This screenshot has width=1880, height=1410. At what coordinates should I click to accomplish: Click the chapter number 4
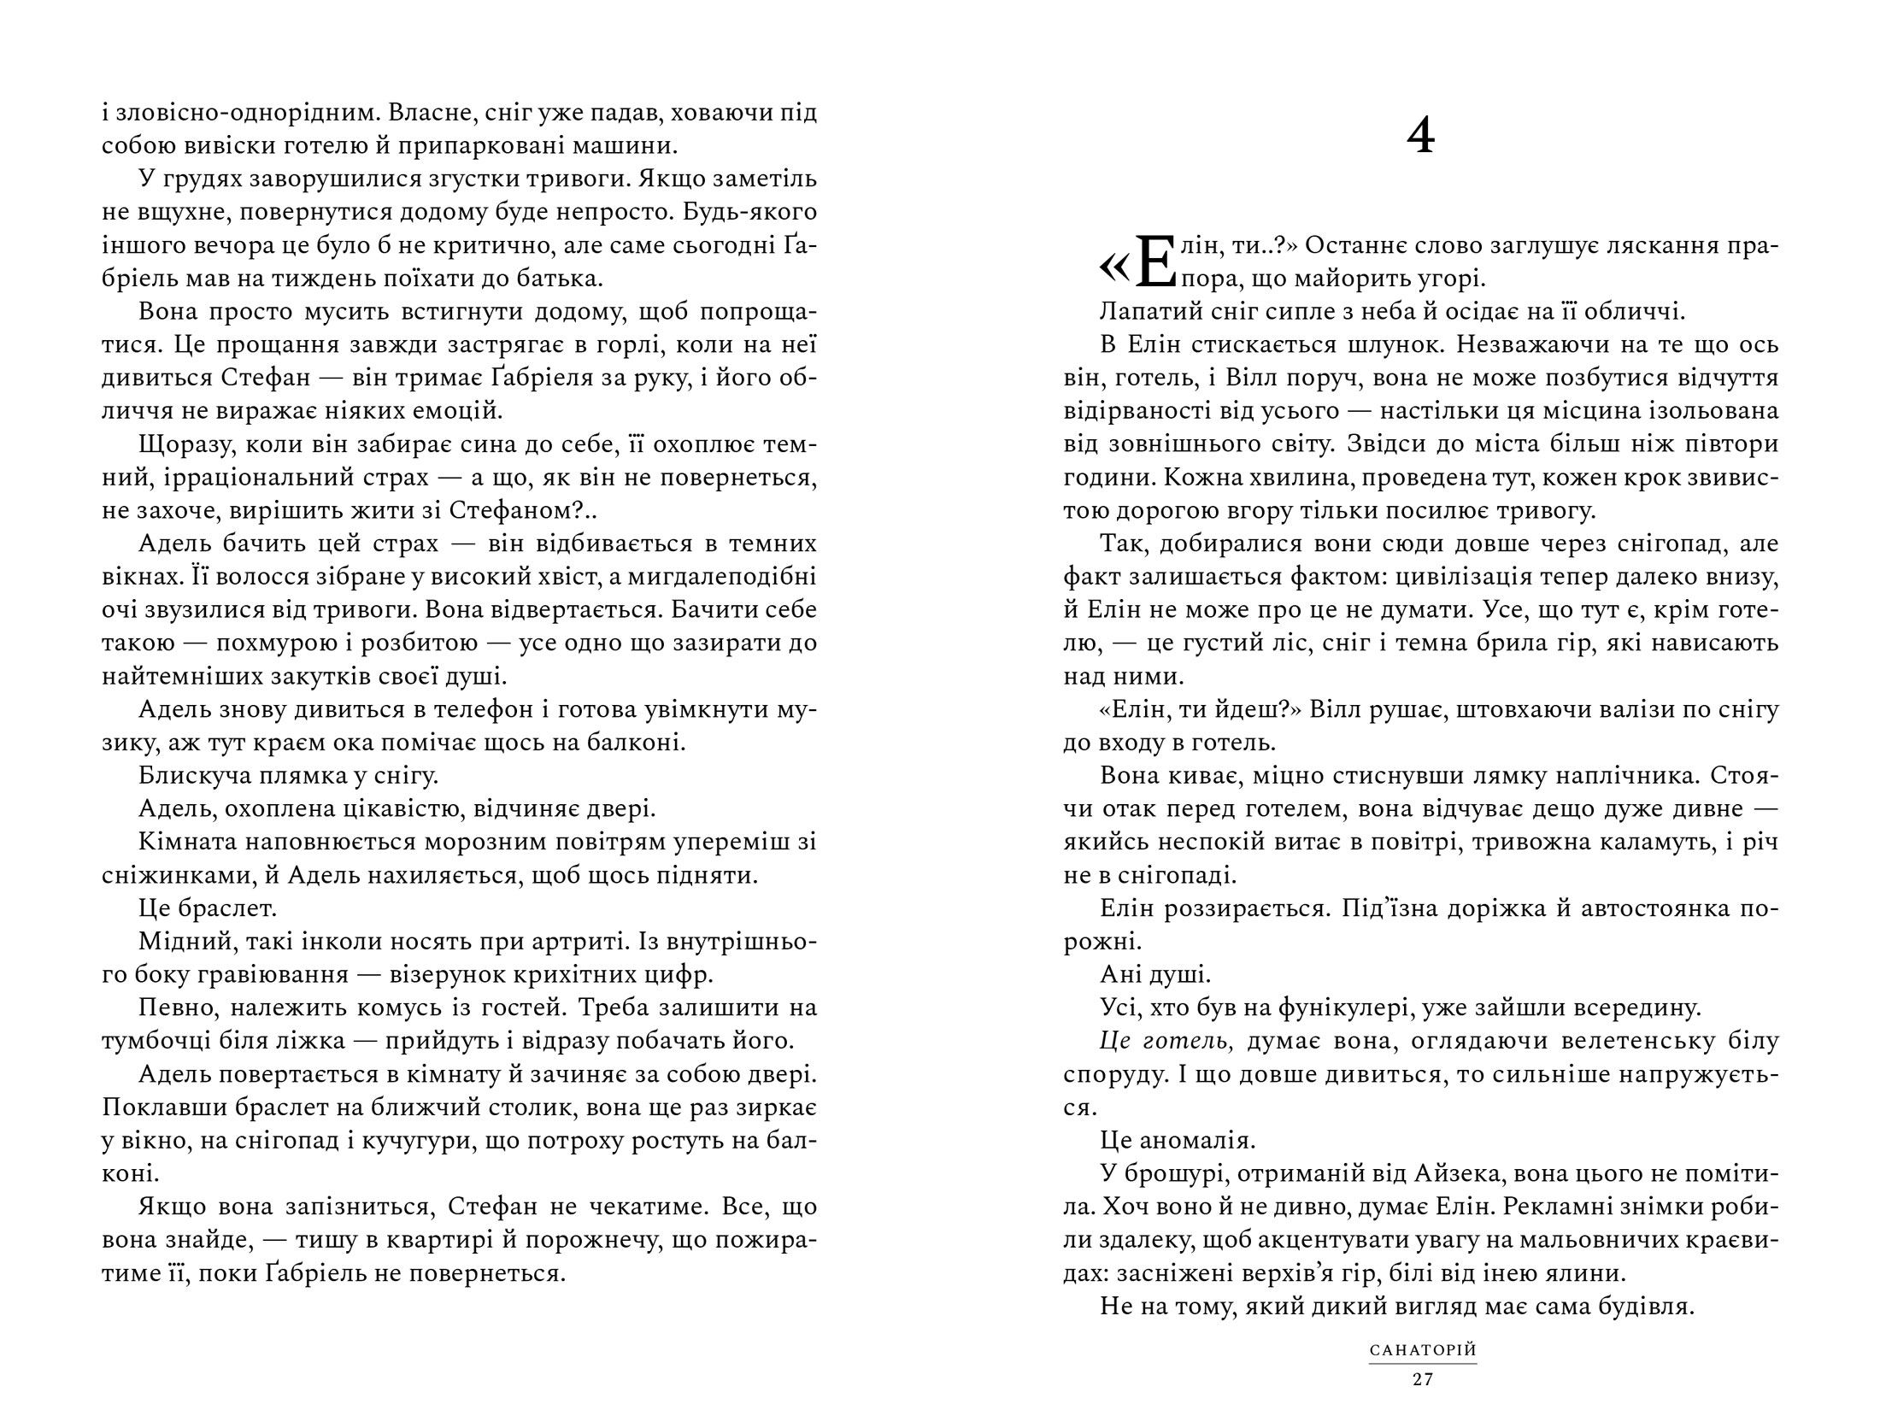(x=1420, y=138)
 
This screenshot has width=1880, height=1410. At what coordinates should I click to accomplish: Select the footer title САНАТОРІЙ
(x=1423, y=1351)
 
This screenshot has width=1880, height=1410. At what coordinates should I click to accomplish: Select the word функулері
(x=1341, y=1008)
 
